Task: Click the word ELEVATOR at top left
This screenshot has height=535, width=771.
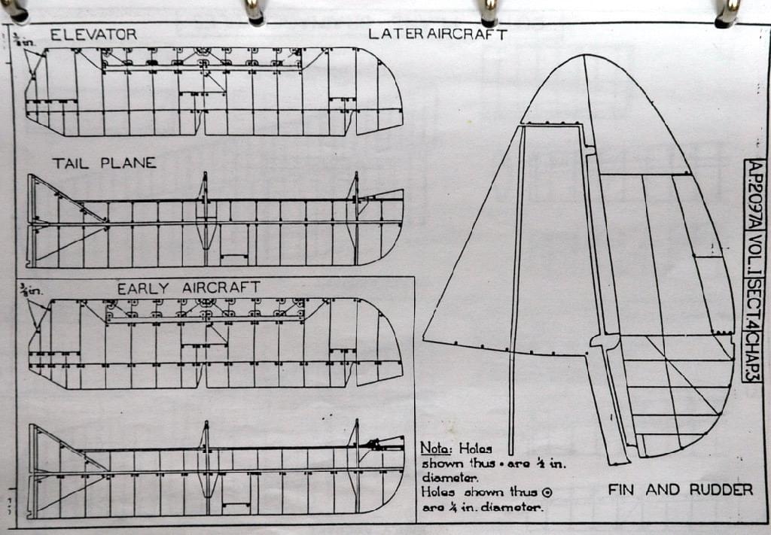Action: [93, 35]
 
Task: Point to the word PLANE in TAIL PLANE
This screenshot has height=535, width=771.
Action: [128, 163]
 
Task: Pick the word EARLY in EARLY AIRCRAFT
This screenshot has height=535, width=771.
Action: [146, 288]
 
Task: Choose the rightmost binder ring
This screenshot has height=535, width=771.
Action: [727, 11]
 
